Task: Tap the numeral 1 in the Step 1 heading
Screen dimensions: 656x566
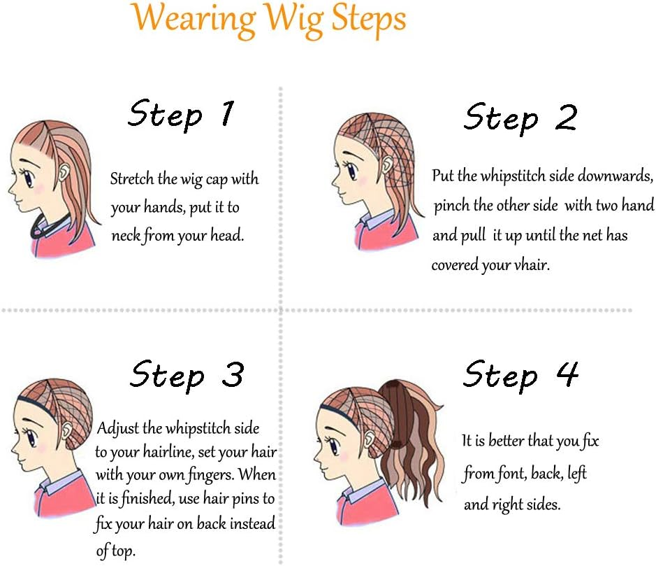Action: [x=227, y=113]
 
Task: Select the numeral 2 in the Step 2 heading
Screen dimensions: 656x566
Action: [x=566, y=117]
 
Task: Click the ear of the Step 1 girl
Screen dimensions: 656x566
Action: [x=64, y=172]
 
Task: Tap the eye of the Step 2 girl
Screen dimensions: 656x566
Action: [x=351, y=171]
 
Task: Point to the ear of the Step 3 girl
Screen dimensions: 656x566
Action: [x=66, y=431]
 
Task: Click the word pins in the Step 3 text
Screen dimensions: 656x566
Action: [x=246, y=499]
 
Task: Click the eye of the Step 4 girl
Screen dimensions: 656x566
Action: [x=333, y=446]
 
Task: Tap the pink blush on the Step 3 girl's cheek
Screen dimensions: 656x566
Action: [x=40, y=448]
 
